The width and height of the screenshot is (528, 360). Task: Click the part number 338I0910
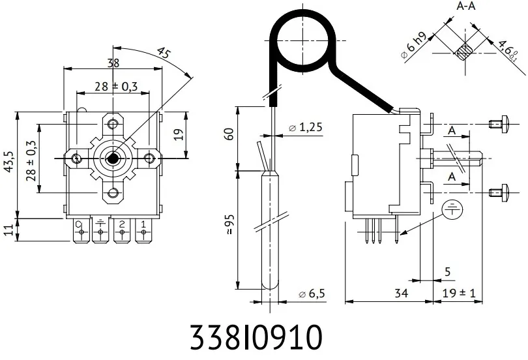click(x=256, y=338)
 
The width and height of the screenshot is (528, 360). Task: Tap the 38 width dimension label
click(x=113, y=63)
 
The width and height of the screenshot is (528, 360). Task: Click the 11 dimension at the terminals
click(x=9, y=230)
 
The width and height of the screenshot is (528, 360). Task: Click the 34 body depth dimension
click(x=402, y=294)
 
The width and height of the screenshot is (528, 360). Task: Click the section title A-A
click(x=465, y=7)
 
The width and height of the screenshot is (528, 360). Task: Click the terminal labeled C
click(x=79, y=227)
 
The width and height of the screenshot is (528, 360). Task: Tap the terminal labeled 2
click(x=121, y=227)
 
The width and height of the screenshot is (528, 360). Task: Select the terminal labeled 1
click(x=142, y=227)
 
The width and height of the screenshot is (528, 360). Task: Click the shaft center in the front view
click(x=113, y=158)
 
